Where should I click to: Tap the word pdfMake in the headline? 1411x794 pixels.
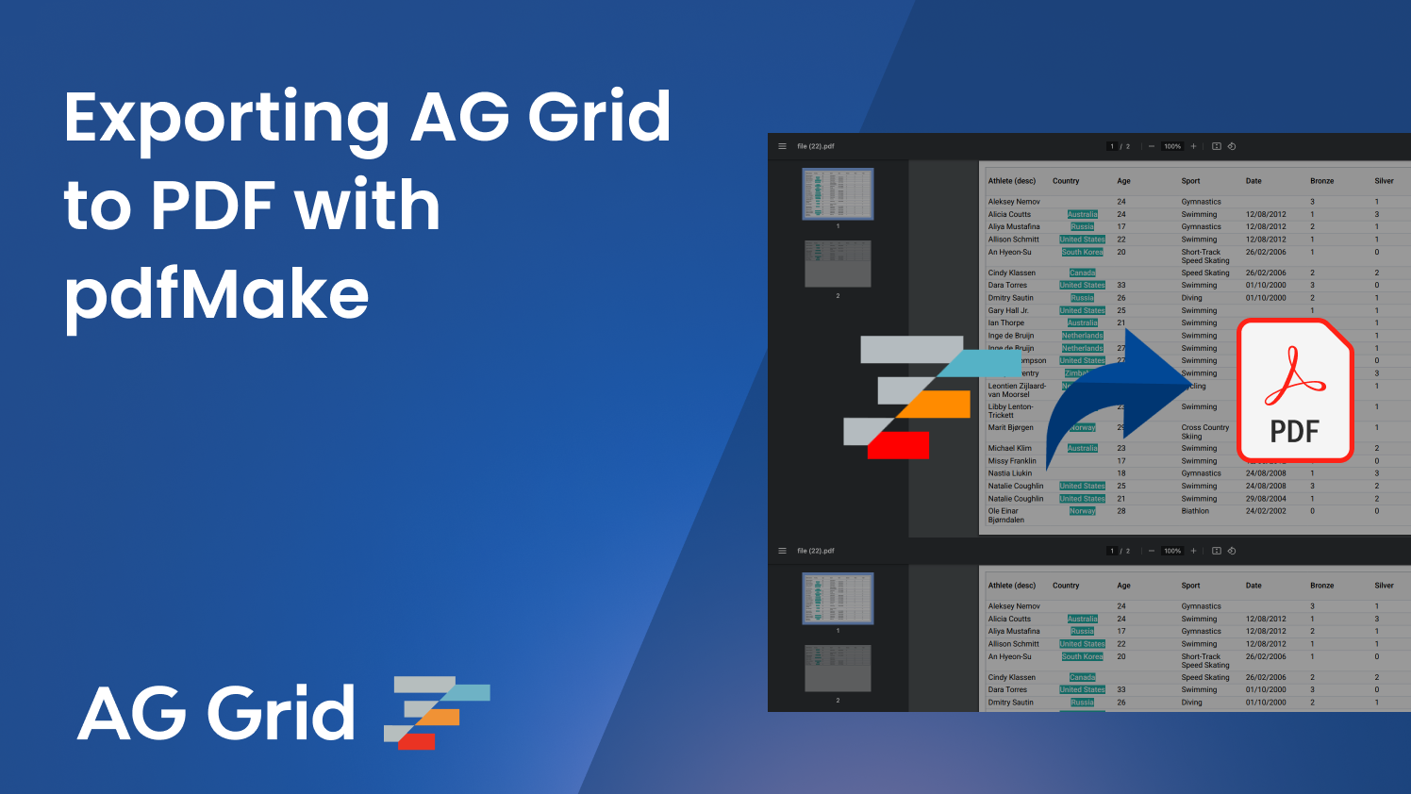click(x=216, y=294)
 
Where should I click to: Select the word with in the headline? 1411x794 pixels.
click(x=368, y=206)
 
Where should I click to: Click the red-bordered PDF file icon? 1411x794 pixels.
click(x=1294, y=390)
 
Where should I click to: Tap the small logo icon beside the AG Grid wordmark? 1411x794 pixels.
click(x=436, y=712)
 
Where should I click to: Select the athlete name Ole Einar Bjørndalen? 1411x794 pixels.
click(x=1007, y=515)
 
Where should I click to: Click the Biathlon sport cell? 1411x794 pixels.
click(x=1195, y=511)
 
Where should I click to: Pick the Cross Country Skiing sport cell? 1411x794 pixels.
click(x=1204, y=432)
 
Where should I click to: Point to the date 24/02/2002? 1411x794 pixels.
click(x=1265, y=511)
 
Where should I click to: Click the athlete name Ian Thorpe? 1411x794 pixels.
click(x=1005, y=323)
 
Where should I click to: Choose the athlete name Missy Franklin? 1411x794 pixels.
click(x=1012, y=461)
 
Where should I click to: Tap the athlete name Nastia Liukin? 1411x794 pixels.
click(x=1009, y=473)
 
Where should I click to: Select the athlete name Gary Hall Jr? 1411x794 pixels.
click(x=1008, y=310)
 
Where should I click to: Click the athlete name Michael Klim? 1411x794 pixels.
click(x=1009, y=448)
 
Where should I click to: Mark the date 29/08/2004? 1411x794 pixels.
click(x=1265, y=499)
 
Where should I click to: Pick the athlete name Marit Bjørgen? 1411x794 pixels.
click(x=1010, y=427)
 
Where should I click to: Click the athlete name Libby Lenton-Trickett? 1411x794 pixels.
click(x=1010, y=411)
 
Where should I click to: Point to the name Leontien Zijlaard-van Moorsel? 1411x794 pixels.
click(x=1016, y=389)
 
